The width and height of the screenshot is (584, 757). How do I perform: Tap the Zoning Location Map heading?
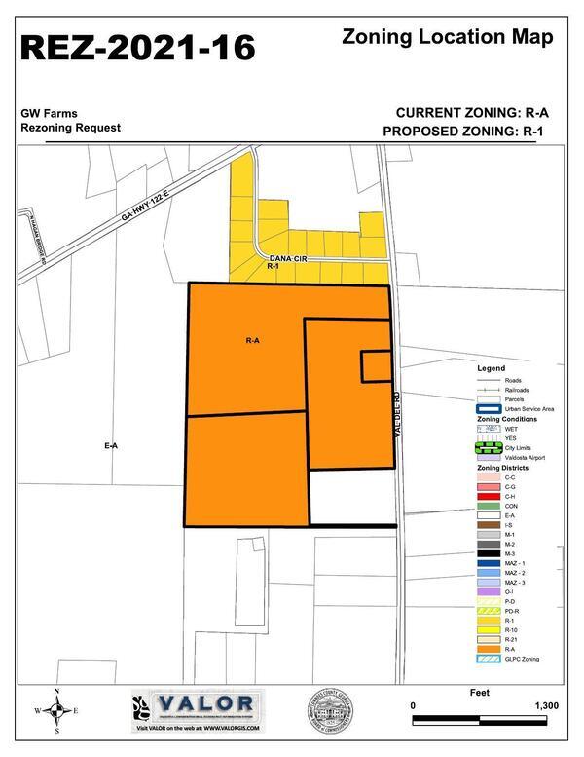[448, 37]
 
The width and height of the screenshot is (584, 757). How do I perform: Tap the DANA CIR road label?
[288, 258]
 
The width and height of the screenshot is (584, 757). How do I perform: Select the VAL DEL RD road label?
[397, 413]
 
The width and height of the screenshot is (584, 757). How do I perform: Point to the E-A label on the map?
[110, 445]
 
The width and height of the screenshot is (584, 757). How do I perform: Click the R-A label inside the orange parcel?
[252, 341]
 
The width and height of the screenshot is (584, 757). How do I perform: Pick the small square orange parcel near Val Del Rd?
[376, 365]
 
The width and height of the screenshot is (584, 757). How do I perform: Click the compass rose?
[57, 712]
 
